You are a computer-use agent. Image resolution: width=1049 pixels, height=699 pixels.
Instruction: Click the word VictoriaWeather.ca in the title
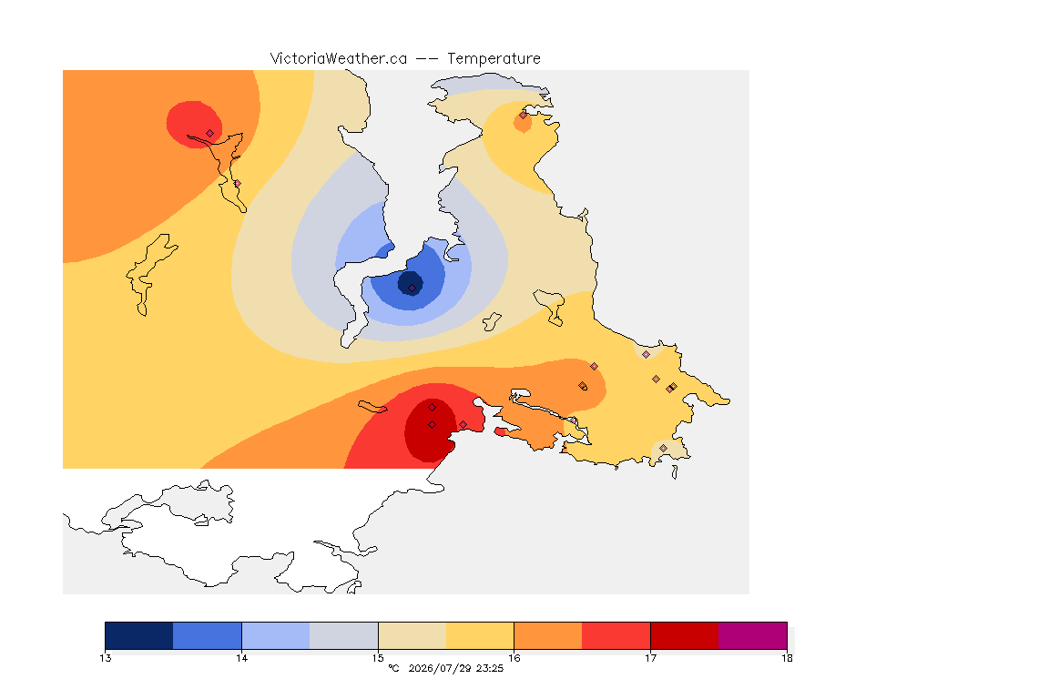coord(339,59)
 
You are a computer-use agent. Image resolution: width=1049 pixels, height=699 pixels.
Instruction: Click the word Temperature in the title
coord(494,59)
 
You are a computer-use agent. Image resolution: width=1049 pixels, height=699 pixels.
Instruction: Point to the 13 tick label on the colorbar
coord(106,658)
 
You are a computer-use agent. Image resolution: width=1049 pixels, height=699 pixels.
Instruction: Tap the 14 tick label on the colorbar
coord(241,658)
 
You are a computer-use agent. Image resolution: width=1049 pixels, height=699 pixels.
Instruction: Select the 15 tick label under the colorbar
coord(378,658)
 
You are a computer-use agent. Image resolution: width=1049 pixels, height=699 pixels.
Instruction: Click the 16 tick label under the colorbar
coord(514,658)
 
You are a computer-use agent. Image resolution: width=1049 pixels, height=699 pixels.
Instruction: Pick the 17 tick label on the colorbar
coord(650,658)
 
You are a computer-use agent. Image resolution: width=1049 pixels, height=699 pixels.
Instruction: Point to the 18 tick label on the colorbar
coord(787,658)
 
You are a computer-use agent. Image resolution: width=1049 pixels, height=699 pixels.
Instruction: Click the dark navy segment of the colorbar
coord(139,635)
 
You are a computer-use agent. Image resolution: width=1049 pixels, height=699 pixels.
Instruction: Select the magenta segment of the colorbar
coord(753,635)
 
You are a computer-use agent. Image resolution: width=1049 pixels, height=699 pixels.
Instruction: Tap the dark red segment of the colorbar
coord(685,635)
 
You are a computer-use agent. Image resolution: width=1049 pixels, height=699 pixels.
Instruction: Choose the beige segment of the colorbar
coord(412,635)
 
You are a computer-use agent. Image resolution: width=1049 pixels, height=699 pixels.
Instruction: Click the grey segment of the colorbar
coord(344,635)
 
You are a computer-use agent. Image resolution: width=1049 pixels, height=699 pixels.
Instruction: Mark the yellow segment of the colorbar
coord(480,635)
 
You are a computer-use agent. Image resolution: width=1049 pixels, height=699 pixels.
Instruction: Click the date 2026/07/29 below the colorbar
coord(439,668)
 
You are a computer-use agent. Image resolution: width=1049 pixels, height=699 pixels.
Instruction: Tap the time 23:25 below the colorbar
coord(490,668)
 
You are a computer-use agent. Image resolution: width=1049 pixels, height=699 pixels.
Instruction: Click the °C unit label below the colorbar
coord(394,668)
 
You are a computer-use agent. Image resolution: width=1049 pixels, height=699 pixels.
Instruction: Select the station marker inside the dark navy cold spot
coord(412,289)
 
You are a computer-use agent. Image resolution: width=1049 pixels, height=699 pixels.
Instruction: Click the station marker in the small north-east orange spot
coord(524,116)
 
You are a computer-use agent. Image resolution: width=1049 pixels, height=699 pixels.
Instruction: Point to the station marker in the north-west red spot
coord(210,134)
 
